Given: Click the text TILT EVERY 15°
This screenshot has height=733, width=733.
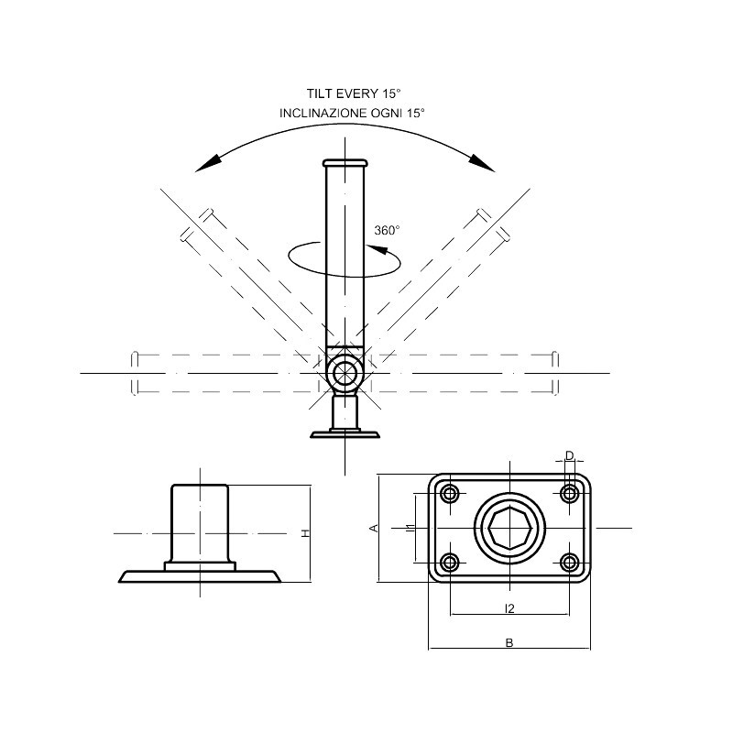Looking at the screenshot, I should click(x=355, y=93).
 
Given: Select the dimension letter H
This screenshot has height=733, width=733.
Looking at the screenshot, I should click(x=307, y=532).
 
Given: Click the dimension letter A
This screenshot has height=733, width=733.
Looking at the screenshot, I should click(x=373, y=528).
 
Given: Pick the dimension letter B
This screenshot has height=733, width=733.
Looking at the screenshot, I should click(x=509, y=642).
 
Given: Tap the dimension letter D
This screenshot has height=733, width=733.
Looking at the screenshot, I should click(x=569, y=455).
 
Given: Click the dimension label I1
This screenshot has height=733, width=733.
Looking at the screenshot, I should click(x=409, y=528).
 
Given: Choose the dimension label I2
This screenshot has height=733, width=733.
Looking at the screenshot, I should click(x=509, y=607).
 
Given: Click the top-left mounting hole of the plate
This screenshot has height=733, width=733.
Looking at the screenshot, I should click(x=450, y=494).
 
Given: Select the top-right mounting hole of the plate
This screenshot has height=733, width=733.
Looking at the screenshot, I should click(x=569, y=494).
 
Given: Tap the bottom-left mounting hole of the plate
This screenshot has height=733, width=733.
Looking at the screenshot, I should click(x=450, y=562).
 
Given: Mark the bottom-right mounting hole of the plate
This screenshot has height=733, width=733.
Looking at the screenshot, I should click(x=569, y=562).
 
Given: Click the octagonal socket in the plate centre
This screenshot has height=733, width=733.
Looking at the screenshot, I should click(x=509, y=529).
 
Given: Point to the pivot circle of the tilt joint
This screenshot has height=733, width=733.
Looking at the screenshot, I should click(x=345, y=373).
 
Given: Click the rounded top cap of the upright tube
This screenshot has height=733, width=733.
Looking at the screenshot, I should click(x=345, y=163).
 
